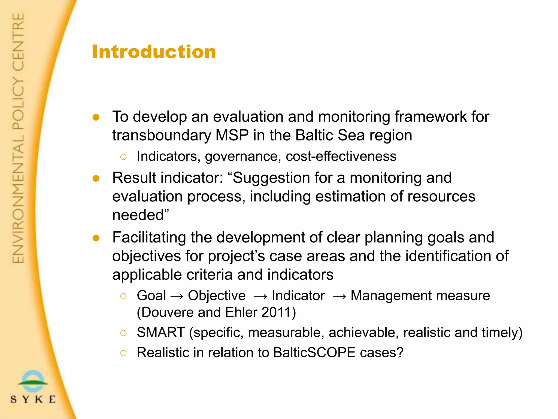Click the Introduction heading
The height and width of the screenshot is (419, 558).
(x=154, y=52)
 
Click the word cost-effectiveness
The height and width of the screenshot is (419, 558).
(x=341, y=156)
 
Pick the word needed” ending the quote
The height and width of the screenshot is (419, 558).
(x=141, y=215)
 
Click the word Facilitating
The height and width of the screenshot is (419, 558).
(x=149, y=237)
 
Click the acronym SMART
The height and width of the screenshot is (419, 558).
(x=161, y=333)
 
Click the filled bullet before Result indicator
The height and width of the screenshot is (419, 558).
(x=96, y=178)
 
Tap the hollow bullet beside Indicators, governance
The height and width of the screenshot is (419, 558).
(x=123, y=157)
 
